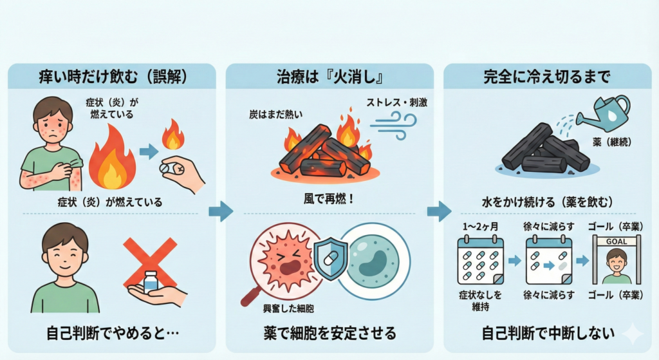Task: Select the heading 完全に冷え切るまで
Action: point(547,78)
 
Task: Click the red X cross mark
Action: point(150,263)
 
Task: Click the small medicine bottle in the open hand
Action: point(151,283)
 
